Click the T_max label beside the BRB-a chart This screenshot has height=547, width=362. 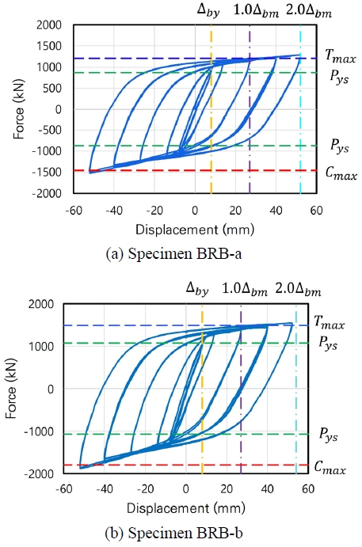click(x=338, y=57)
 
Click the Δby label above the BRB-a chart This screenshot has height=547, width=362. click(x=211, y=11)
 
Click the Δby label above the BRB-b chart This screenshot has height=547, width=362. click(x=196, y=290)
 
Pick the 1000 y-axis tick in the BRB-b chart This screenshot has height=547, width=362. click(x=44, y=346)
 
